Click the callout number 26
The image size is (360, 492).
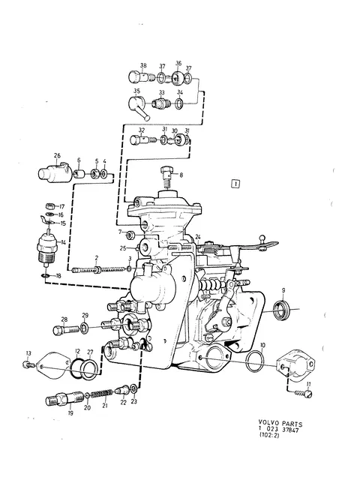[x=57, y=156]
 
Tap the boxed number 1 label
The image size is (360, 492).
[x=235, y=184]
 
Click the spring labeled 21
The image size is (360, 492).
[x=101, y=393]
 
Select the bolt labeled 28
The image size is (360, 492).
[x=66, y=330]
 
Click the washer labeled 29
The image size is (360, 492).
[x=84, y=328]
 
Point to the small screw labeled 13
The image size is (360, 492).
[x=28, y=364]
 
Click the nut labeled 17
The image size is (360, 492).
[x=50, y=206]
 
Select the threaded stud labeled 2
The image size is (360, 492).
[x=98, y=269]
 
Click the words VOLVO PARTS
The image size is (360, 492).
[x=280, y=424]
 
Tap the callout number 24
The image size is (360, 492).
[x=197, y=236]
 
